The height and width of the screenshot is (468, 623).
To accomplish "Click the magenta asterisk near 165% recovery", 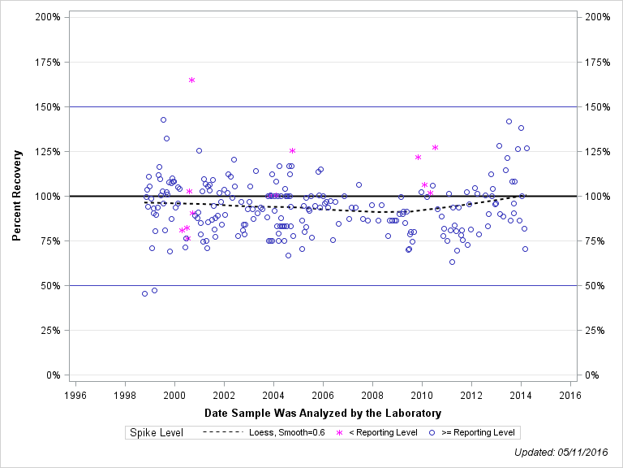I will coord(191,80).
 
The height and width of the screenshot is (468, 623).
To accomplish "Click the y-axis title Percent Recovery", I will coord(17,196).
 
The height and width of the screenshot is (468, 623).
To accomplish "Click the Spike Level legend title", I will coord(157,432).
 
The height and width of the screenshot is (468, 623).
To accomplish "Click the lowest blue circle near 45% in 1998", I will coord(144,293).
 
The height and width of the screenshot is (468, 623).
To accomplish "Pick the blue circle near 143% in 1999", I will coord(163,119).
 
